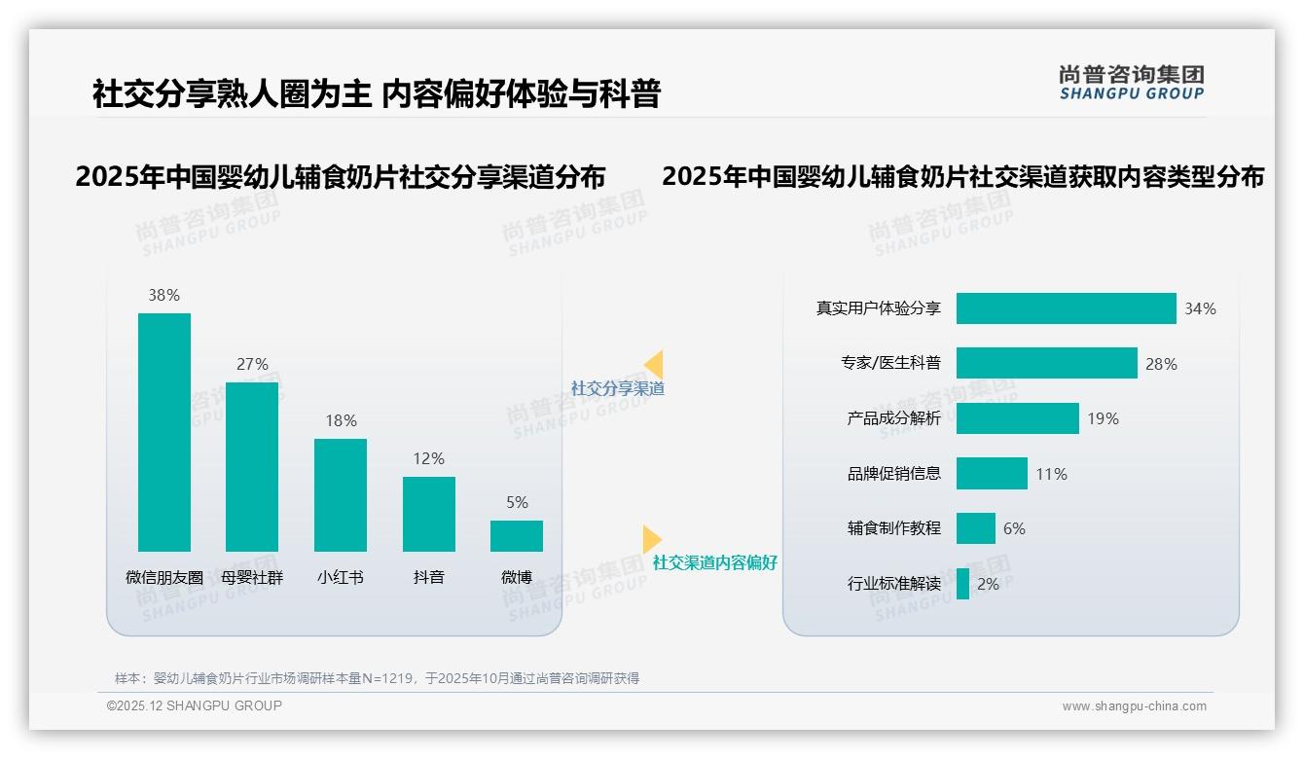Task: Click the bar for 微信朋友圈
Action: pos(164,432)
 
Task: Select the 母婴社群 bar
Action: pos(252,467)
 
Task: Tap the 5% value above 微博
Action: pos(517,503)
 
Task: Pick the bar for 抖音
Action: pos(428,514)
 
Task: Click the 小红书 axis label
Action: pos(340,577)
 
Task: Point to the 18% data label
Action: pos(341,420)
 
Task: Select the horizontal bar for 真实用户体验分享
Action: pos(1066,308)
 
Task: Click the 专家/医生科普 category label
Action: pos(891,363)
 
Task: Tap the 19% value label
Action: pos(1103,418)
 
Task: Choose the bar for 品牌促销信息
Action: pos(992,474)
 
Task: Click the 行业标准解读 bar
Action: pos(962,584)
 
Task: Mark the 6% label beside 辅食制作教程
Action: pos(1014,528)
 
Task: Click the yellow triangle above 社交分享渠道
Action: pos(654,365)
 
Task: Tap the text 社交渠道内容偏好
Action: pos(715,562)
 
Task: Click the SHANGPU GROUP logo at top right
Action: pos(1131,82)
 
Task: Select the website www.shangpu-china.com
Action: pos(1134,706)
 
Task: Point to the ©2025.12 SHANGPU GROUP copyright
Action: pos(195,705)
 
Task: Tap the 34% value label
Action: pos(1200,308)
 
